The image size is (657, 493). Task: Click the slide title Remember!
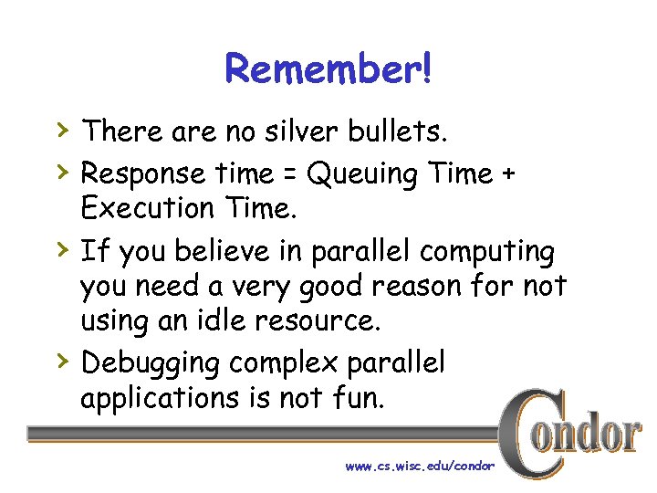(328, 68)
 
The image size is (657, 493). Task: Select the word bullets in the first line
(399, 132)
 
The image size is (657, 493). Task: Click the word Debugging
(151, 363)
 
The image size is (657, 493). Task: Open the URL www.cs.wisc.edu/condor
(419, 466)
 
